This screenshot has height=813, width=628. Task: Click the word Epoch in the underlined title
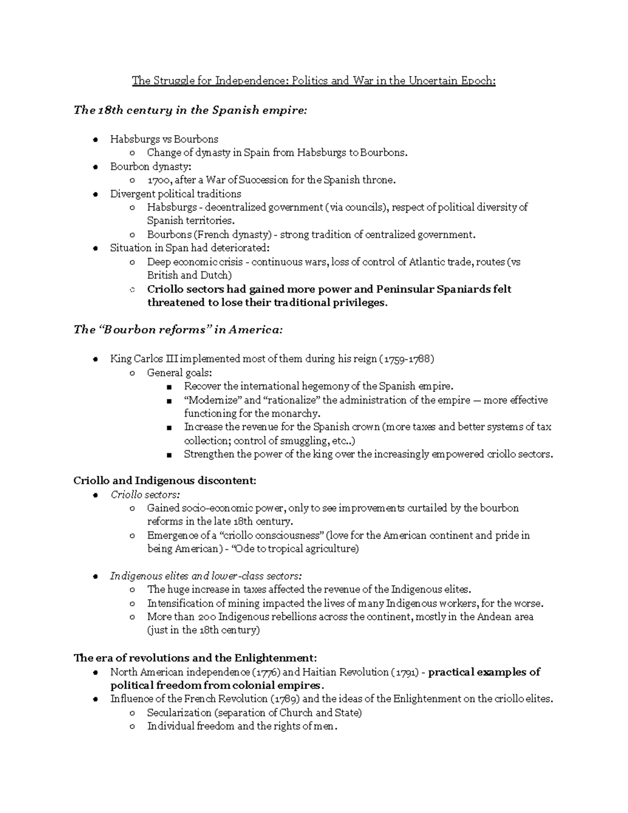point(478,81)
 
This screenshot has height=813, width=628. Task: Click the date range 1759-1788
point(408,359)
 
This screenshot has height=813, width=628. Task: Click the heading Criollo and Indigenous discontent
point(165,481)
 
